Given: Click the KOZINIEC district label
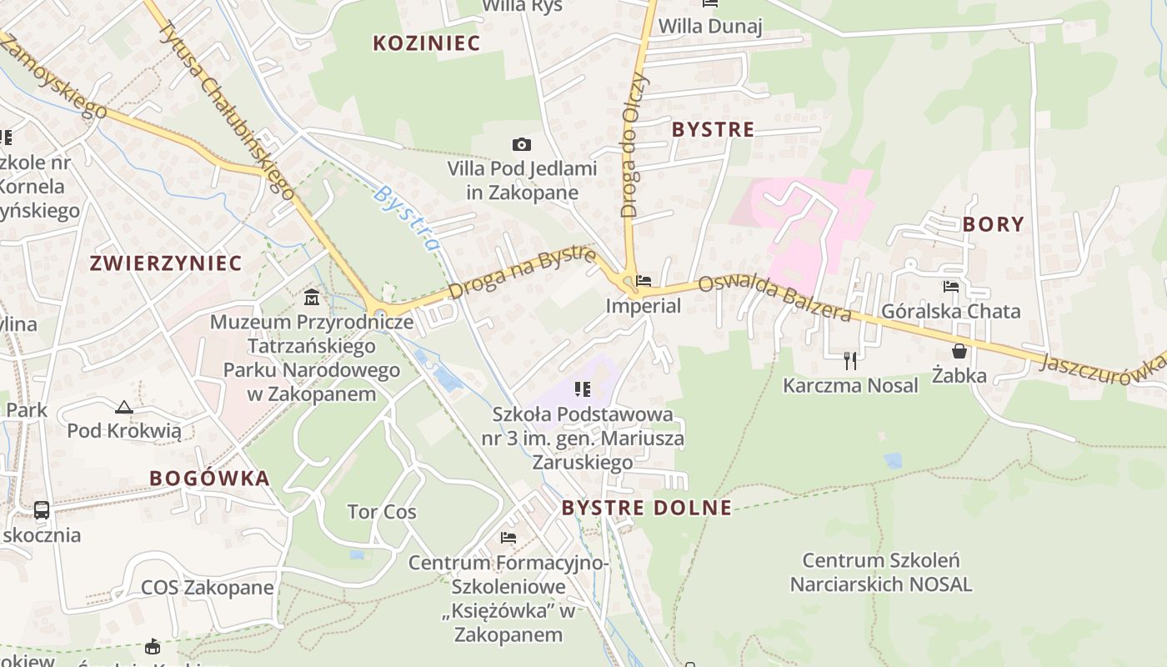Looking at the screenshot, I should click(x=426, y=43).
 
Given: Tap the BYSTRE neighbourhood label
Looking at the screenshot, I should click(x=713, y=129).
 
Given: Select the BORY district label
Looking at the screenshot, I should click(x=993, y=224).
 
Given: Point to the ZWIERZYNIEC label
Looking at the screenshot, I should click(x=165, y=263).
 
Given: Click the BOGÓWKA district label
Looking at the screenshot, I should click(x=209, y=478).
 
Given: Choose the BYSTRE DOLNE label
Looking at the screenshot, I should click(x=646, y=508).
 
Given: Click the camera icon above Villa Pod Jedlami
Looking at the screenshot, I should click(x=522, y=145).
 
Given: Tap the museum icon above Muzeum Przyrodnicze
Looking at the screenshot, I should click(x=312, y=297).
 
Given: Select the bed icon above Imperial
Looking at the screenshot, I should click(x=644, y=281).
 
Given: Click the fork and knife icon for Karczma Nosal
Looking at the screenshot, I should click(x=850, y=360).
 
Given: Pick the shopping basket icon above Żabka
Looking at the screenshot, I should click(x=959, y=351).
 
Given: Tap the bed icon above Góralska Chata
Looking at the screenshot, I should click(x=950, y=287).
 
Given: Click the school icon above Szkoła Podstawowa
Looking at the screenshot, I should click(x=583, y=389).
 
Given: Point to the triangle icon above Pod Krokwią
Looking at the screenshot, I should click(x=124, y=407).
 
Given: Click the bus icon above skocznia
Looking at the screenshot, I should click(x=41, y=509).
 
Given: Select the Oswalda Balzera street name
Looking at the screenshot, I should click(x=774, y=298).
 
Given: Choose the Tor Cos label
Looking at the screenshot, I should click(x=382, y=511).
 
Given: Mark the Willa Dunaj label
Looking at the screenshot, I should click(x=710, y=26).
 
